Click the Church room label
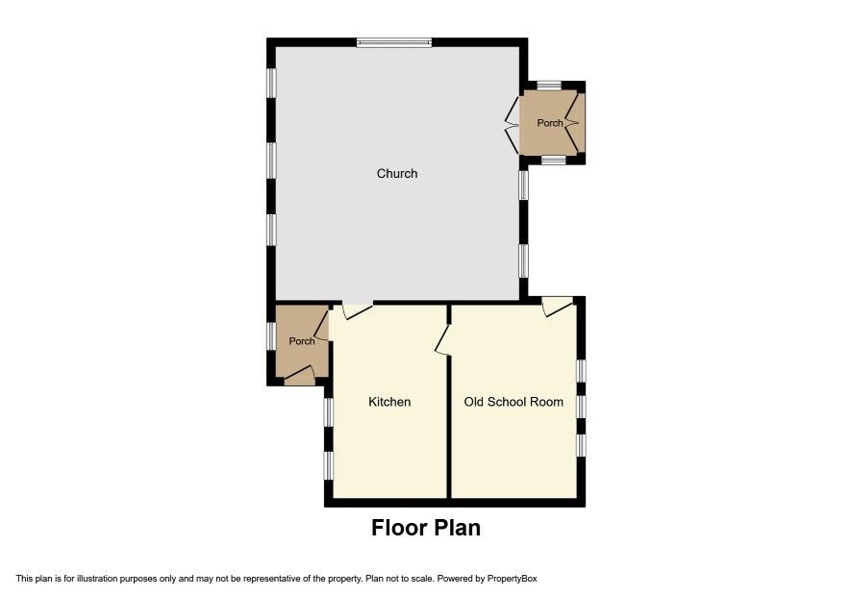[397, 173]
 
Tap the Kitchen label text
[389, 402]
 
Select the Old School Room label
[514, 402]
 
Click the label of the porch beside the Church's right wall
[550, 123]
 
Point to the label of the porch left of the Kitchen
[302, 341]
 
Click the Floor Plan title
[426, 528]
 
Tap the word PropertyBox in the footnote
[512, 579]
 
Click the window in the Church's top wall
[394, 42]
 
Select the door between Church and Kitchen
[357, 310]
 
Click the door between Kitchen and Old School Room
[443, 340]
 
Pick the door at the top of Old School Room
[558, 306]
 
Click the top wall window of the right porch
[549, 86]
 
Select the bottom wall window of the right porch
[553, 160]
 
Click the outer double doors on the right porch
[574, 123]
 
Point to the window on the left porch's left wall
[271, 335]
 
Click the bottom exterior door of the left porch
[299, 376]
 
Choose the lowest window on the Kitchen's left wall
[328, 465]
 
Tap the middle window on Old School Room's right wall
[581, 407]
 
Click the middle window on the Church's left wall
[271, 160]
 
